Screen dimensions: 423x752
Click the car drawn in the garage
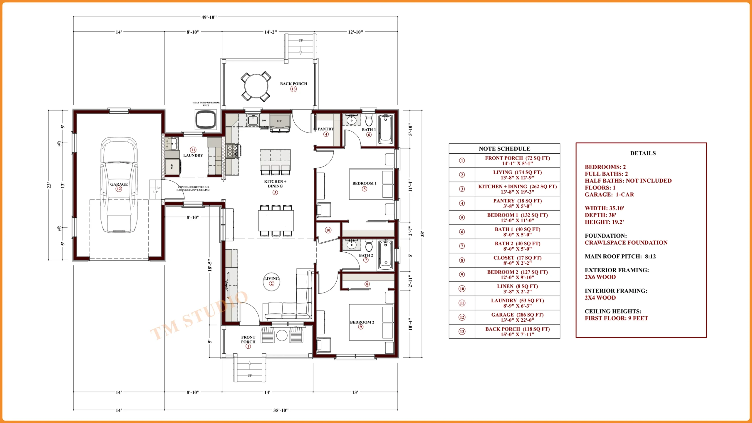[119, 185]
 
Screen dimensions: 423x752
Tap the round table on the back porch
[256, 86]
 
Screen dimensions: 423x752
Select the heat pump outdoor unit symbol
[206, 119]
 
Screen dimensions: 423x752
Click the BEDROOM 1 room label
[364, 183]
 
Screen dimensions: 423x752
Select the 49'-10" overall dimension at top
[209, 17]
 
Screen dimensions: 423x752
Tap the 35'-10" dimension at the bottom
[281, 410]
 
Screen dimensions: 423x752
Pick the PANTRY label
[325, 129]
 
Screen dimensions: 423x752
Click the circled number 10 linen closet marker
[328, 230]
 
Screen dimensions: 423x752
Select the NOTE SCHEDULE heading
[504, 149]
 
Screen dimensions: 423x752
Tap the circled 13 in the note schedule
[462, 332]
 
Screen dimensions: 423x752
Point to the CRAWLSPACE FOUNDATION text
[626, 243]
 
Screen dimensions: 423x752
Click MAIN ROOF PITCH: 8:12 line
[620, 256]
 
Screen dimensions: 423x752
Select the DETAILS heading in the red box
[643, 153]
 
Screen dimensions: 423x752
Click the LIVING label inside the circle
[271, 278]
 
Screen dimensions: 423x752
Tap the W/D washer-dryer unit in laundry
[172, 167]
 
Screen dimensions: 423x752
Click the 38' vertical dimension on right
[422, 234]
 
